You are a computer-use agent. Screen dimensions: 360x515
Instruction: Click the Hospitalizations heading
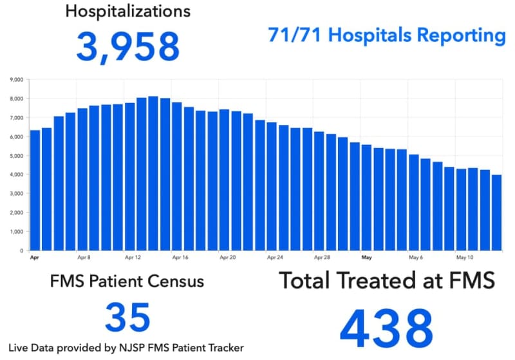(x=127, y=12)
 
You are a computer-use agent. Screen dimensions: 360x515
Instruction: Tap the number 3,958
(x=127, y=46)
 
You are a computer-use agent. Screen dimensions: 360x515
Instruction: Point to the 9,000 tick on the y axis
(x=17, y=80)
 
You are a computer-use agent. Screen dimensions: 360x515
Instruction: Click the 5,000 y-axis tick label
(x=17, y=156)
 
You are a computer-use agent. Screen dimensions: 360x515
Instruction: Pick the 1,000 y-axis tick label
(x=17, y=231)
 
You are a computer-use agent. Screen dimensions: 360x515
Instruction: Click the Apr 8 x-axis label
(x=83, y=257)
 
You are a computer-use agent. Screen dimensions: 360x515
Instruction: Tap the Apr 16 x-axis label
(x=180, y=257)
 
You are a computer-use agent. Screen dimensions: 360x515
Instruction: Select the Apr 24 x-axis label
(x=276, y=257)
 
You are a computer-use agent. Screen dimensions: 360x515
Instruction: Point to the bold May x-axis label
(x=367, y=257)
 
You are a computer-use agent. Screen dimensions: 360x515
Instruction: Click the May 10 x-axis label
(x=465, y=257)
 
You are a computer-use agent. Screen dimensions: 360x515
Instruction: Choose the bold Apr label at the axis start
(x=35, y=257)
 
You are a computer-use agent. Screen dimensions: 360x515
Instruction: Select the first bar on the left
(x=35, y=190)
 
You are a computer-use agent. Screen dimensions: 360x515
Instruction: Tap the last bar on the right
(x=496, y=213)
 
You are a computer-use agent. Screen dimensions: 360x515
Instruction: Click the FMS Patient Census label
(x=127, y=281)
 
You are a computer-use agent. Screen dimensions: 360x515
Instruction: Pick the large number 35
(x=127, y=317)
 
